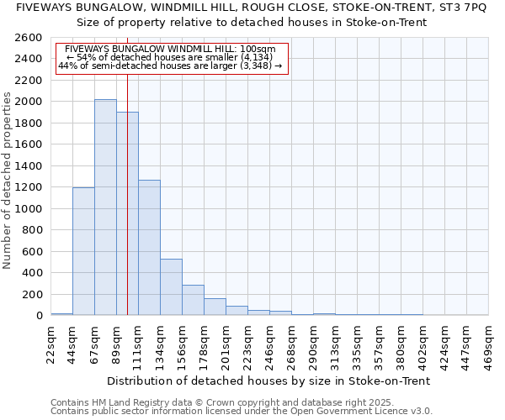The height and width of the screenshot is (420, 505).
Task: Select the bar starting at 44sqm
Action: pyautogui.click(x=83, y=251)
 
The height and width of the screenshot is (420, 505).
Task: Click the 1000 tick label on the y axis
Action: pyautogui.click(x=30, y=208)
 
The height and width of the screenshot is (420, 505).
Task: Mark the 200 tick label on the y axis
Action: pyautogui.click(x=34, y=294)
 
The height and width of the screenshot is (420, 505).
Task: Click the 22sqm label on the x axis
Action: pyautogui.click(x=51, y=341)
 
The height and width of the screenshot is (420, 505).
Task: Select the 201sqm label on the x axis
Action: pyautogui.click(x=226, y=343)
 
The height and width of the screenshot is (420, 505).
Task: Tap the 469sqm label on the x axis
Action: pyautogui.click(x=489, y=343)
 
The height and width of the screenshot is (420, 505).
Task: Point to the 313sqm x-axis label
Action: pyautogui.click(x=336, y=343)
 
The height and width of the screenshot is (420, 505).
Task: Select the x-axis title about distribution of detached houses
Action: pyautogui.click(x=269, y=381)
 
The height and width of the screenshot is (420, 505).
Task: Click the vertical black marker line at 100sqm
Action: pyautogui.click(x=127, y=210)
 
